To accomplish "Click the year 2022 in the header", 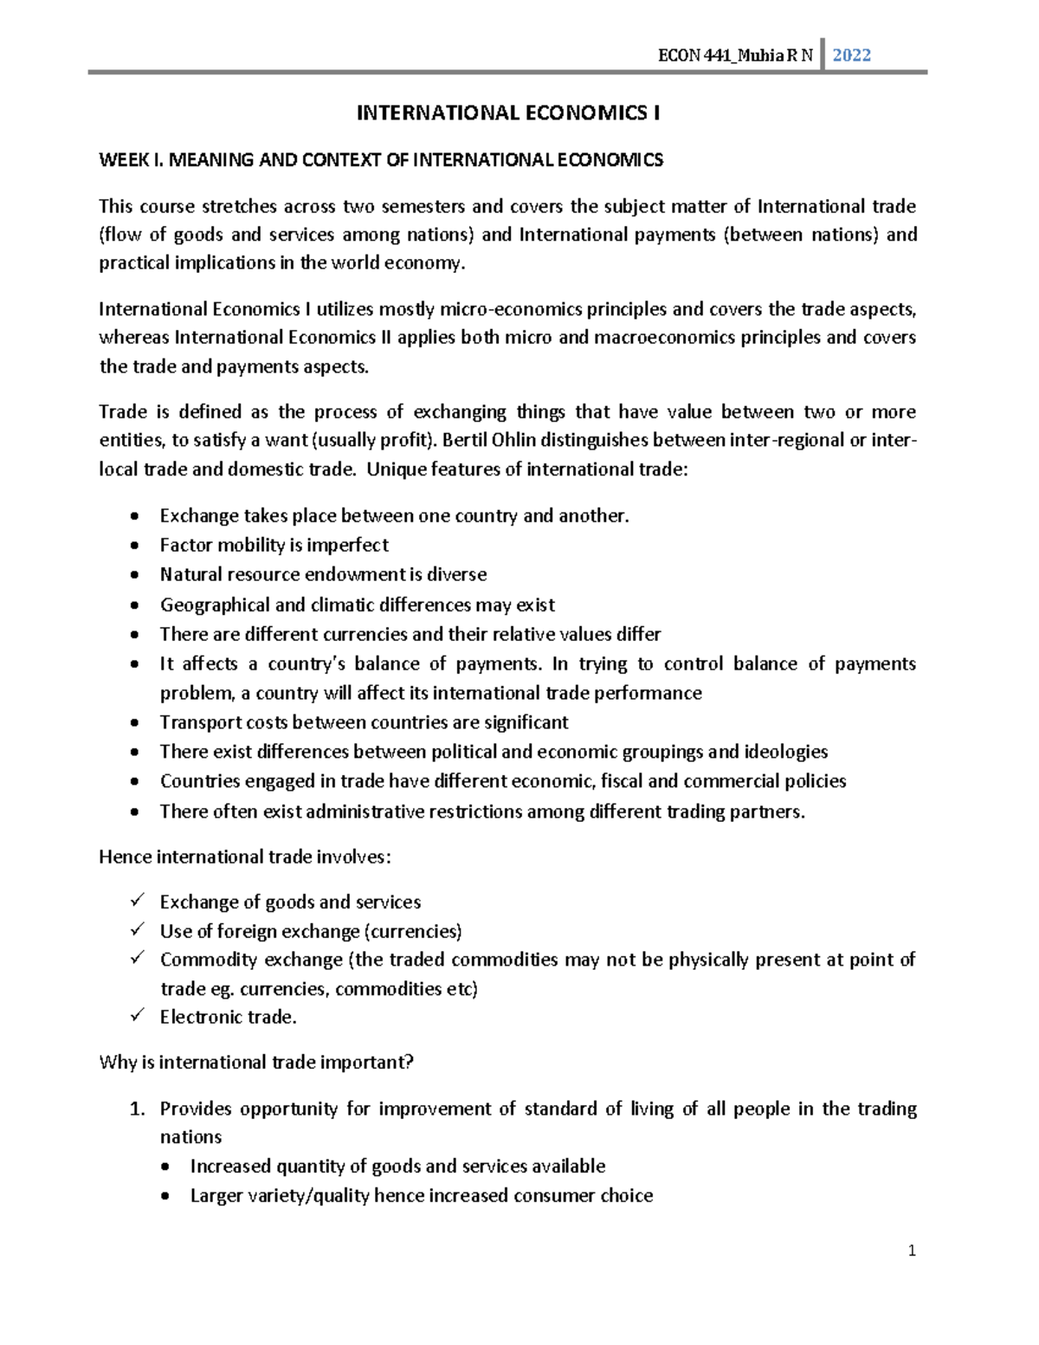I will point(851,55).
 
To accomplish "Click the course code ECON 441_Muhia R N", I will point(735,56).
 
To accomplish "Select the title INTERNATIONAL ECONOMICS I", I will point(508,113).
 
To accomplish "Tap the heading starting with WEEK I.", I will point(381,160).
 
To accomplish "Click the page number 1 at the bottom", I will point(912,1251).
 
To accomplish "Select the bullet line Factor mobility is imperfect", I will point(274,545).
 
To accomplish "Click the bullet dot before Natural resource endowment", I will point(133,575).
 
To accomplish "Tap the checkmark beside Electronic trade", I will point(136,1016).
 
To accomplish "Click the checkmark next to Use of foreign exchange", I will point(136,930).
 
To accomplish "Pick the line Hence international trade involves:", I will point(245,857).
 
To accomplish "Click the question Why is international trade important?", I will point(256,1062).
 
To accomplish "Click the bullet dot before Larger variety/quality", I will point(166,1197).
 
